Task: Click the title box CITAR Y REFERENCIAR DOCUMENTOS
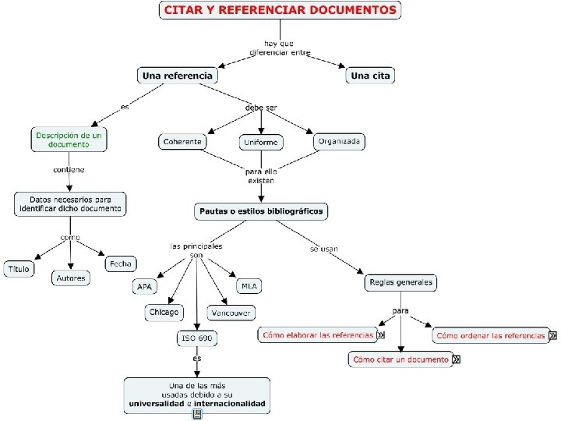point(280,11)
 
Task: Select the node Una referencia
point(177,76)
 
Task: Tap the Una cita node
point(371,76)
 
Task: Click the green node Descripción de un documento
point(69,140)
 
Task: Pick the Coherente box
point(183,141)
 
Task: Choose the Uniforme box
point(261,143)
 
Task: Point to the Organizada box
point(340,141)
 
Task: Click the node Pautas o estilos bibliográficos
point(261,210)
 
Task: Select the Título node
point(19,269)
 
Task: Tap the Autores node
point(71,278)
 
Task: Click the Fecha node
point(120,264)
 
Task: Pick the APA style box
point(145,287)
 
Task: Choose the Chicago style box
point(164,312)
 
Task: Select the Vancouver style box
point(231,313)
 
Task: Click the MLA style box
point(249,286)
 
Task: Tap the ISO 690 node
point(196,338)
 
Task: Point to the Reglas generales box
point(400,282)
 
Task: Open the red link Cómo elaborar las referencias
point(317,335)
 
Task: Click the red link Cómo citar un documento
point(400,359)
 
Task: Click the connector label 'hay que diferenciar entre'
point(280,48)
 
